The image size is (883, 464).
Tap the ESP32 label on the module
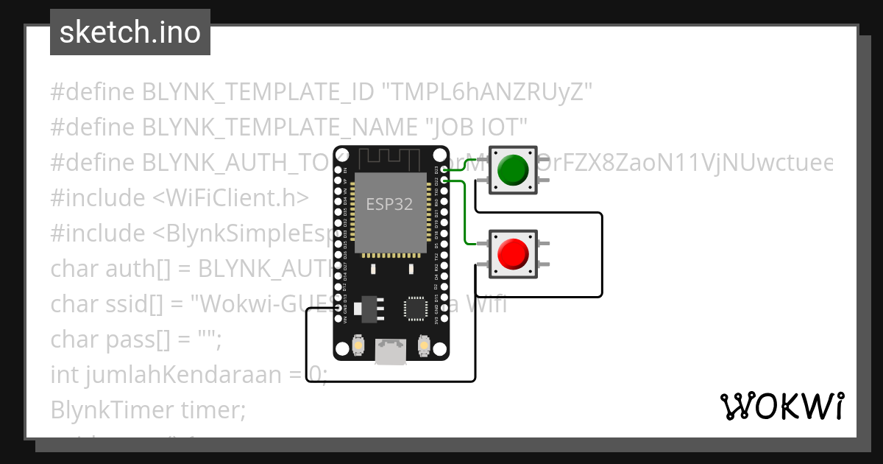point(389,205)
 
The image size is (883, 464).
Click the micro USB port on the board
point(389,352)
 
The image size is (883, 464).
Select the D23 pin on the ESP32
point(443,170)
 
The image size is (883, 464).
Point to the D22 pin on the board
point(443,180)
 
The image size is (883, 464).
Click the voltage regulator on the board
point(365,308)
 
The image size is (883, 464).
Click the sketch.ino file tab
point(130,32)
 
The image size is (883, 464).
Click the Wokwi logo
point(781,407)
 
